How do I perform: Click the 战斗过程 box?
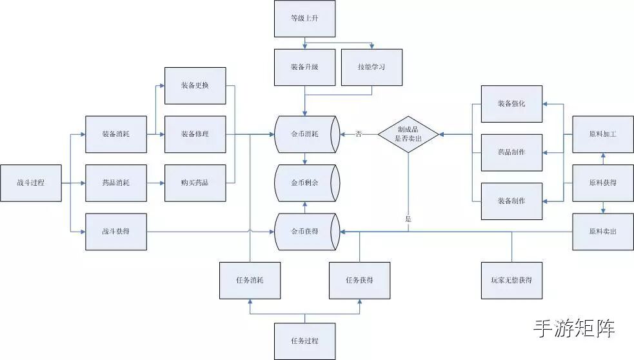click(x=31, y=183)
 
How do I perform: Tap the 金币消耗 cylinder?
click(x=306, y=134)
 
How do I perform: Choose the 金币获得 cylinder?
click(x=306, y=231)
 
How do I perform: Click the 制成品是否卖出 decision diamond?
click(x=408, y=134)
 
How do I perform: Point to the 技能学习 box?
click(x=371, y=67)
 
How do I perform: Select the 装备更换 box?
click(x=195, y=85)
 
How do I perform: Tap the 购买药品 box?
click(x=195, y=183)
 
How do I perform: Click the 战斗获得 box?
click(x=116, y=231)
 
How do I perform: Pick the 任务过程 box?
click(x=304, y=341)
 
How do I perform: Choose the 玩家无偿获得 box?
click(x=511, y=281)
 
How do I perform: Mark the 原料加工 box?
click(x=603, y=134)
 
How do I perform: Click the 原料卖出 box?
click(x=603, y=231)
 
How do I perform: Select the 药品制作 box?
click(x=511, y=152)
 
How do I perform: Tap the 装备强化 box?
click(x=511, y=104)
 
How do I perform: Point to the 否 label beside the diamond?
click(x=359, y=134)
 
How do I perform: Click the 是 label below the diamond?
click(x=408, y=219)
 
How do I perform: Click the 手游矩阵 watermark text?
click(x=573, y=328)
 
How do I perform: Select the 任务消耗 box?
click(x=250, y=281)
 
